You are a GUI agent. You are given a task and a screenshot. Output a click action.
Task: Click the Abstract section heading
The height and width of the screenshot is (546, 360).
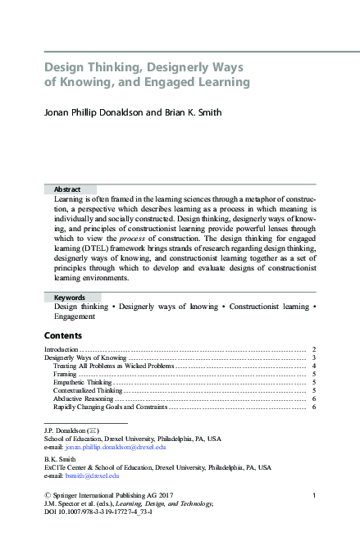(67, 189)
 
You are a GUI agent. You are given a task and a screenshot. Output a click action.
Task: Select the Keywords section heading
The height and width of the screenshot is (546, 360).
(70, 297)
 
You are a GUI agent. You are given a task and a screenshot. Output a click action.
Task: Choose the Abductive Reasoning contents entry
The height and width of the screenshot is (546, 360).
(84, 398)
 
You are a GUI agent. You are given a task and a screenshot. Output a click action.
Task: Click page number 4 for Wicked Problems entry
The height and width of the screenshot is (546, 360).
(315, 366)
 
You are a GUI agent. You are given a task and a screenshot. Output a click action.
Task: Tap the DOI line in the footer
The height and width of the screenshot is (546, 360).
(98, 512)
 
